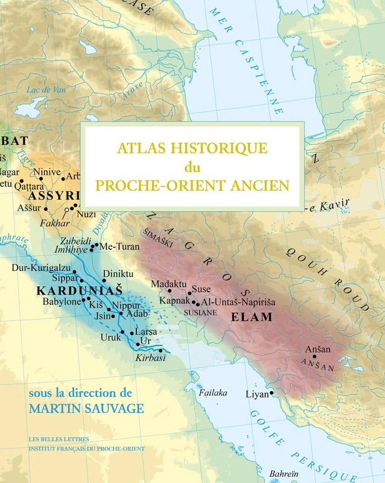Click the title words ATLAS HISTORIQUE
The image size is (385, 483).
(x=192, y=147)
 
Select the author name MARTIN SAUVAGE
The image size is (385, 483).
(x=86, y=409)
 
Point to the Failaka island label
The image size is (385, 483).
(x=214, y=392)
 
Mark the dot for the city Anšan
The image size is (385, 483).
(x=314, y=356)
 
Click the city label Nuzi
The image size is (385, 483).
(x=87, y=214)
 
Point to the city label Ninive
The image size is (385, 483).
(x=46, y=172)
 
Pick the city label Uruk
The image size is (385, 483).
(x=110, y=336)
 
